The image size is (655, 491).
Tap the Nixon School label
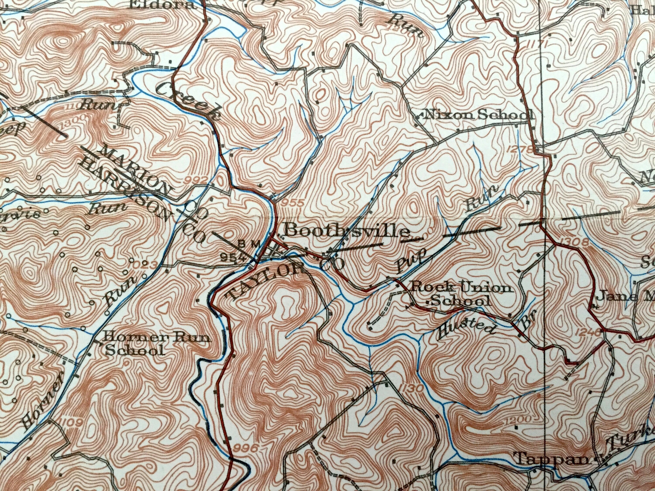click(476, 115)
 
